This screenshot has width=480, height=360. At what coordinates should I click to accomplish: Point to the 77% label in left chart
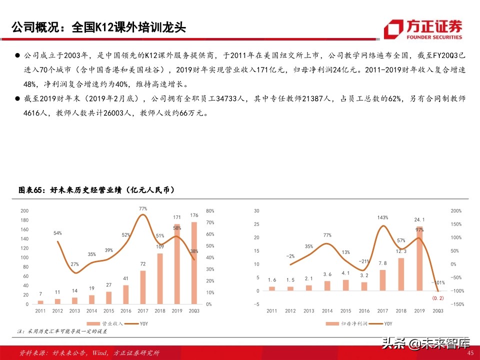point(142,208)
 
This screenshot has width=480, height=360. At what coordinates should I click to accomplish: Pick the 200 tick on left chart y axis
point(24,211)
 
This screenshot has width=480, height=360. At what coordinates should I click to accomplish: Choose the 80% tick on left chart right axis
point(209,211)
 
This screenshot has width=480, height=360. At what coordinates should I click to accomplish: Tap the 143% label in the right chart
point(383,217)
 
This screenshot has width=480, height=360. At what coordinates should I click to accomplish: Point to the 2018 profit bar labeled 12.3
point(401,274)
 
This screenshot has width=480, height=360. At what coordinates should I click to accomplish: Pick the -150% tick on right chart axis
point(457,304)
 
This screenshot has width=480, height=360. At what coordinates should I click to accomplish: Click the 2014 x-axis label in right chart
point(327,311)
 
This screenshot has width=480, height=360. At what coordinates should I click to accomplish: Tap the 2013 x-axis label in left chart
point(74,311)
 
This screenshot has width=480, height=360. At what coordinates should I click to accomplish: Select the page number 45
point(469,353)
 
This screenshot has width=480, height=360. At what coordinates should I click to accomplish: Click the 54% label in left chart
point(57,233)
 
